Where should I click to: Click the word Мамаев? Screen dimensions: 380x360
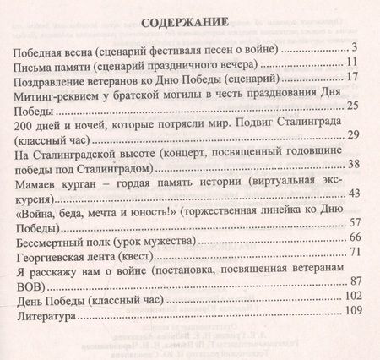pos(39,182)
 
